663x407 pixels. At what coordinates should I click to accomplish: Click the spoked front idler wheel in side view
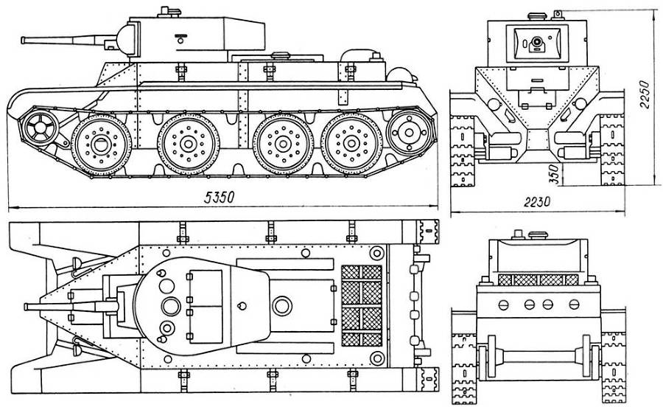40,128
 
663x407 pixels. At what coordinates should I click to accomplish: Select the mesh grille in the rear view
536,280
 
